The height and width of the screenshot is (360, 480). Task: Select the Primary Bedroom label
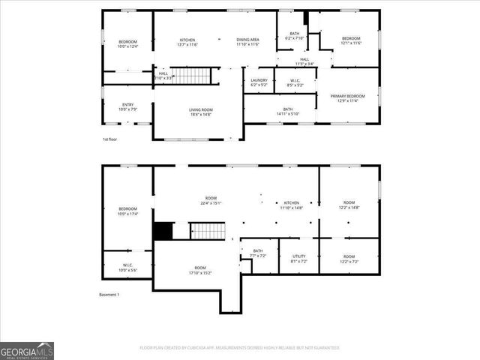[x=351, y=96]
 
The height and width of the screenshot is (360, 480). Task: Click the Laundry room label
[x=259, y=80]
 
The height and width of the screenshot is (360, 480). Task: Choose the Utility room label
[x=298, y=256]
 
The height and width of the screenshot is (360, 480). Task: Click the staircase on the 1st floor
[x=196, y=76]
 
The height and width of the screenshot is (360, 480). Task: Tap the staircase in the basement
[x=206, y=231]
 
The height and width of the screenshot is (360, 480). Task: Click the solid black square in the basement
[x=163, y=231]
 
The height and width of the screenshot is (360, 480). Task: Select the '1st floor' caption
[x=110, y=139]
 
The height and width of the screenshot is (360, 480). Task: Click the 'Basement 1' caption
[x=109, y=295]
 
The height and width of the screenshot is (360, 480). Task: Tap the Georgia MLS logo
[x=27, y=351]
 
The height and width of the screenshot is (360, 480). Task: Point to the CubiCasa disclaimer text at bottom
[x=239, y=348]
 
